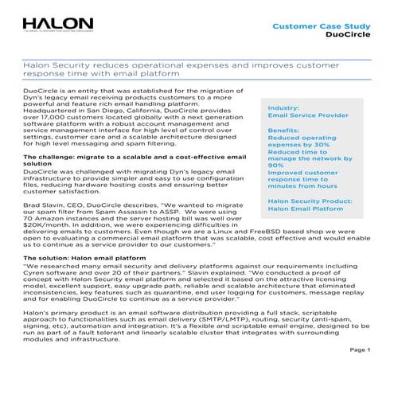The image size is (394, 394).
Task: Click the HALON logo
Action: [x=57, y=26]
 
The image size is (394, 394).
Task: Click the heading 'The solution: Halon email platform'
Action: [x=85, y=259]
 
